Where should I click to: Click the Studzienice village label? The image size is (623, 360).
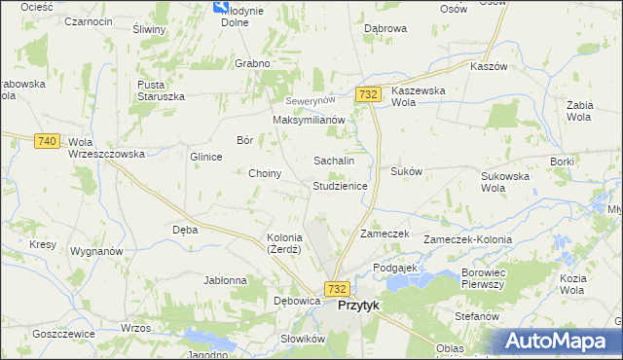(340, 185)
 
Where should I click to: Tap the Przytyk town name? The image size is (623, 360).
(358, 305)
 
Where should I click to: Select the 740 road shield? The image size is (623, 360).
(46, 141)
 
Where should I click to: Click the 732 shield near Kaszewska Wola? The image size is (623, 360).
(368, 93)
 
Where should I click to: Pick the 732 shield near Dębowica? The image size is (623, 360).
(337, 289)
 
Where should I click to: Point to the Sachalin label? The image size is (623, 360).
(333, 161)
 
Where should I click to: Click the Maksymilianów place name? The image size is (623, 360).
(310, 120)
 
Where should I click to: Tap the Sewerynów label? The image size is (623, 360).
(310, 101)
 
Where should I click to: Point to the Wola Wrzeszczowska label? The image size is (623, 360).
(106, 148)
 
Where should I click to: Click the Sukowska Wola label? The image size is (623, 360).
(504, 182)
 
